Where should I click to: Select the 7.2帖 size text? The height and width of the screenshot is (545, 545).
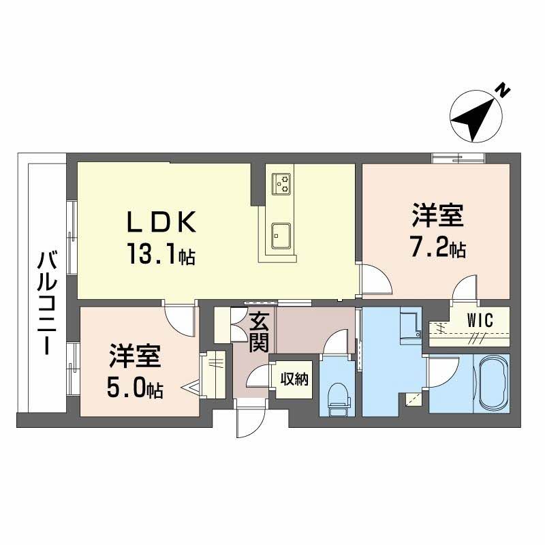click(x=438, y=247)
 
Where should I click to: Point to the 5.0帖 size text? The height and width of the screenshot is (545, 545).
click(x=135, y=388)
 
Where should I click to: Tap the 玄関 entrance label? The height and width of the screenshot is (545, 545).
click(x=260, y=332)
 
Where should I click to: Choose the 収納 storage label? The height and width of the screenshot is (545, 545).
click(x=294, y=379)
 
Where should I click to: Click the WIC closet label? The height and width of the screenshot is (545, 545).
click(x=480, y=320)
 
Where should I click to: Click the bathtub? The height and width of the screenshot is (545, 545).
click(x=493, y=384)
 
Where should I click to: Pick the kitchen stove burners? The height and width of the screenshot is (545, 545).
click(x=281, y=184)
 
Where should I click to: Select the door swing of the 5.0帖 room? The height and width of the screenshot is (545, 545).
click(x=179, y=320)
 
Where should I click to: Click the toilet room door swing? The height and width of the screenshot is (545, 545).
click(x=334, y=343)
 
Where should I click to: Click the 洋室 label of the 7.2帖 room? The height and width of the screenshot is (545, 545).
click(x=438, y=216)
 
